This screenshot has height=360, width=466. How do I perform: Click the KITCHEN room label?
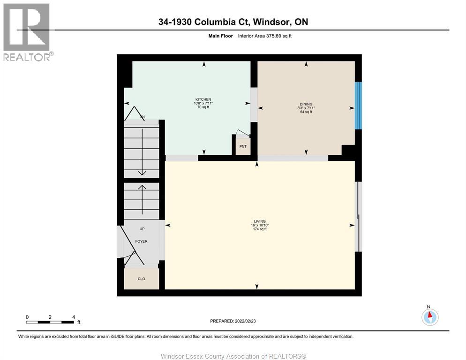coord(203,99)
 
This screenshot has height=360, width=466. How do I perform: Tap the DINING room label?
coord(306,104)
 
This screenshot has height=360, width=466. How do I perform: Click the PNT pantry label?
coord(243,147)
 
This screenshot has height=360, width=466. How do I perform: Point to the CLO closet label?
coord(141,279)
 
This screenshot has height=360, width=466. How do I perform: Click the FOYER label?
coord(141,241)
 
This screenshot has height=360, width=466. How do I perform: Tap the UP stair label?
coord(142,229)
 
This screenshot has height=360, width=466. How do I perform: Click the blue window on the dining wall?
coord(358,106)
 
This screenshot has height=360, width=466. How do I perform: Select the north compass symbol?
coord(429,316)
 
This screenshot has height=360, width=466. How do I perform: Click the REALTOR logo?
coord(27,32)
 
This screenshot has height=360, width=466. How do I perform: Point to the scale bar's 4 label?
coord(74,317)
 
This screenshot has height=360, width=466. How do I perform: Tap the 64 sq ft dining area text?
coord(306,112)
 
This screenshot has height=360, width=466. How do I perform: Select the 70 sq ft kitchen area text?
coord(203,107)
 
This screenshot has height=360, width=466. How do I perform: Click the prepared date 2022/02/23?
coord(233,321)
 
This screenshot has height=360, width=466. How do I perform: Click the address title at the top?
coord(233,22)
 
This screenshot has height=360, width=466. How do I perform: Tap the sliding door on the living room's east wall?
coord(359,217)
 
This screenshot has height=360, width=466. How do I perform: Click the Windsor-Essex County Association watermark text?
coord(233,356)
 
